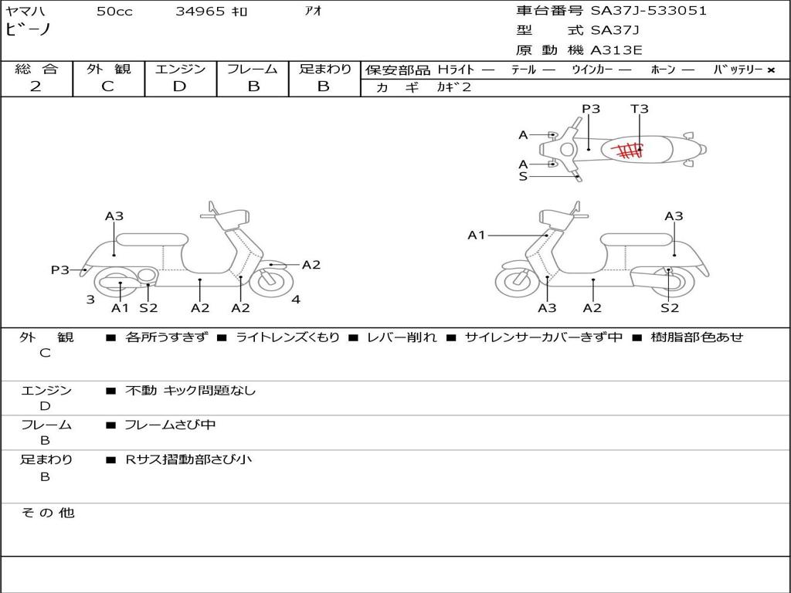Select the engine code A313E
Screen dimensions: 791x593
616,50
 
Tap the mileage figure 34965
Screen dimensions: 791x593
200,12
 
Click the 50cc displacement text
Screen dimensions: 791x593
114,12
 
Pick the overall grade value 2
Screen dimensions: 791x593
36,86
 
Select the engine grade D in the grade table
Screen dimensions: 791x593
179,86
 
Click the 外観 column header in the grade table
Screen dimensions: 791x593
108,69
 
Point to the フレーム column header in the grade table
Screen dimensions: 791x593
253,69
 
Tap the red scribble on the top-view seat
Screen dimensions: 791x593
628,149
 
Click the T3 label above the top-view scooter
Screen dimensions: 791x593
640,109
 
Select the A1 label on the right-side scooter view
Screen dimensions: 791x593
476,235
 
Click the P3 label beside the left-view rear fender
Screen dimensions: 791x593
59,270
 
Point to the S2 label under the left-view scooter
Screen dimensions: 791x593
148,308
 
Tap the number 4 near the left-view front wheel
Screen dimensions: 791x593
296,300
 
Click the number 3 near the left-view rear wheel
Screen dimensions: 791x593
90,300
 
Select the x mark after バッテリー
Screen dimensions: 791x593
771,70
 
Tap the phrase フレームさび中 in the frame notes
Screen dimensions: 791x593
170,425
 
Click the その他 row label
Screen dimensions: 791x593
47,513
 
